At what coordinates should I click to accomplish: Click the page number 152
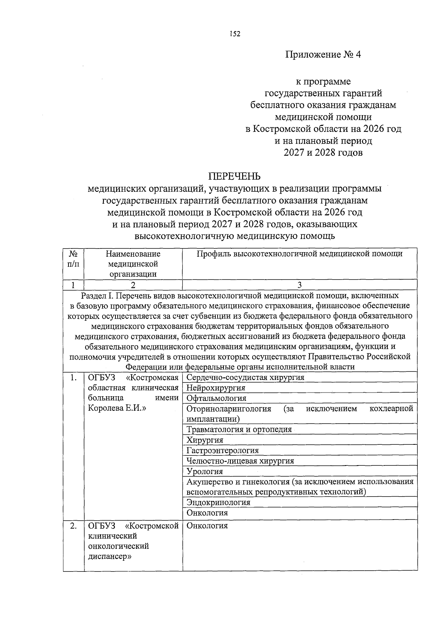click(x=235, y=34)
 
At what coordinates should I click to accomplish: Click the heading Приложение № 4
click(x=323, y=55)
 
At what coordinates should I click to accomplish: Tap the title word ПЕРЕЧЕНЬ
click(x=234, y=176)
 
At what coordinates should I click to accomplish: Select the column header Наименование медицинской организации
click(x=133, y=264)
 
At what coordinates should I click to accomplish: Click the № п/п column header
click(x=74, y=259)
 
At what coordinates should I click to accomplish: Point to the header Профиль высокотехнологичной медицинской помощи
click(x=299, y=254)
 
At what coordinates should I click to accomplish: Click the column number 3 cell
click(x=299, y=284)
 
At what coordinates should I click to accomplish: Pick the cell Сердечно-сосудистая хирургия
click(x=245, y=377)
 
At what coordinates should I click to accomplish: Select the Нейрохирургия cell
click(x=216, y=388)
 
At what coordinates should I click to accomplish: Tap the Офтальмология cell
click(x=216, y=398)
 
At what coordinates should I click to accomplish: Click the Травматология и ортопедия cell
click(x=239, y=429)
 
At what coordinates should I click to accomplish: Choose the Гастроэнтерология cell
click(x=222, y=450)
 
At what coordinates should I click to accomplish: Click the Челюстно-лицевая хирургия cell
click(x=240, y=461)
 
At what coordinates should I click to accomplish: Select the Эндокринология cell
click(x=218, y=502)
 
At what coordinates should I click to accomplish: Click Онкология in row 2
click(x=207, y=525)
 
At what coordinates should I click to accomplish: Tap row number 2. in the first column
click(x=74, y=525)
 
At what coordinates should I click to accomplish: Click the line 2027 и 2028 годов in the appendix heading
click(x=323, y=153)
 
